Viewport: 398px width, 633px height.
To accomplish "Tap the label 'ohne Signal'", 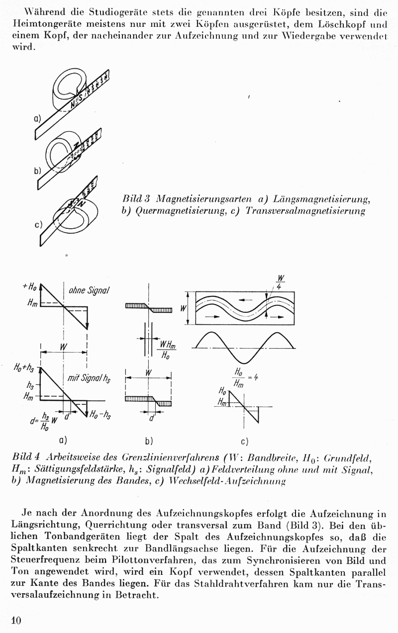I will coord(89,290).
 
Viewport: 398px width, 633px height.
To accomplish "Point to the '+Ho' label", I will coord(29,287).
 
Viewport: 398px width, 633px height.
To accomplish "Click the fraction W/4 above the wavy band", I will coord(281,281).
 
